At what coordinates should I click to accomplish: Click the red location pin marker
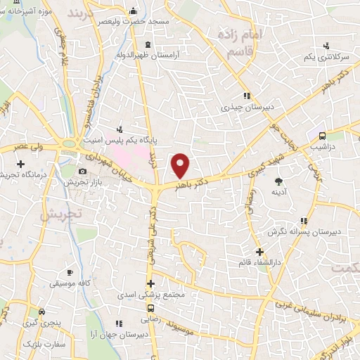[181, 166]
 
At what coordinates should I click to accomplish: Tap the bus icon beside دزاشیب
[323, 136]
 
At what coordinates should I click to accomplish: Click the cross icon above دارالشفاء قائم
[259, 251]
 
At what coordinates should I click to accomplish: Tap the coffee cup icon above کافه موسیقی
[69, 271]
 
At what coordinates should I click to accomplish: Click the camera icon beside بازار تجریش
[82, 171]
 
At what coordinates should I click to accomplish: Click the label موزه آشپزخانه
[27, 12]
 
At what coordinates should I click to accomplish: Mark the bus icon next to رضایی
[150, 307]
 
